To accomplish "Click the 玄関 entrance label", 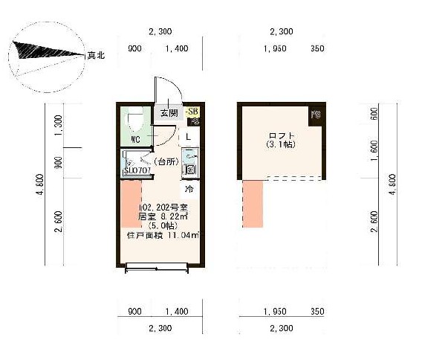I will tap(168, 113).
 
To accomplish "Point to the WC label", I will tap(136, 139).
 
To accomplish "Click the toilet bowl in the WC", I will tap(137, 118).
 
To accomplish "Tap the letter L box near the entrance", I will tap(189, 136).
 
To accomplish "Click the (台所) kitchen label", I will tap(164, 161).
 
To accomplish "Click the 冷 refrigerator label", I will tap(189, 190).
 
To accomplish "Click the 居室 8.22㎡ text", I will tap(163, 216).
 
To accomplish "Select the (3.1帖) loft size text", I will tap(281, 144).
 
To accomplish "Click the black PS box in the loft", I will tap(315, 115).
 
